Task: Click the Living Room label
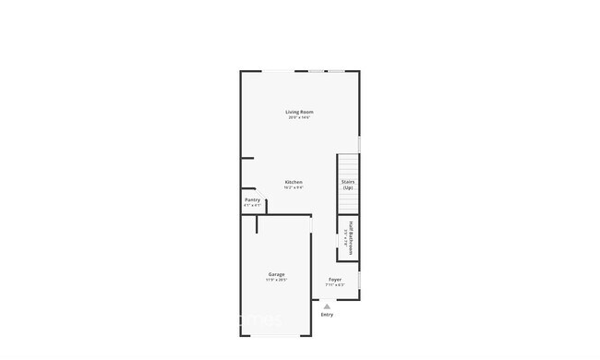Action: tap(299, 113)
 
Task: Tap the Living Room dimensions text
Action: tap(299, 118)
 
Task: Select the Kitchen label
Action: tap(294, 182)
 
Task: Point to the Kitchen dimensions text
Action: tap(294, 187)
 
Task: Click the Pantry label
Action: tap(252, 199)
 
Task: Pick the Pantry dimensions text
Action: tap(252, 205)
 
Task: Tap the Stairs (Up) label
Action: tap(348, 185)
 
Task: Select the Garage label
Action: tap(276, 274)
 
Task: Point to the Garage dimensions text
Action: tap(276, 280)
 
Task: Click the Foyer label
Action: tap(335, 279)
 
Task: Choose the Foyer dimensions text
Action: tap(335, 284)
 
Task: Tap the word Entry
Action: tap(327, 315)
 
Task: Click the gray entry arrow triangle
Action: tap(327, 306)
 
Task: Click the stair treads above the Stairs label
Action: tap(348, 165)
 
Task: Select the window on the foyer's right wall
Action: tap(359, 279)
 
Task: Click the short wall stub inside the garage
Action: tap(258, 225)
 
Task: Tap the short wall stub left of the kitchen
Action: tap(247, 158)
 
